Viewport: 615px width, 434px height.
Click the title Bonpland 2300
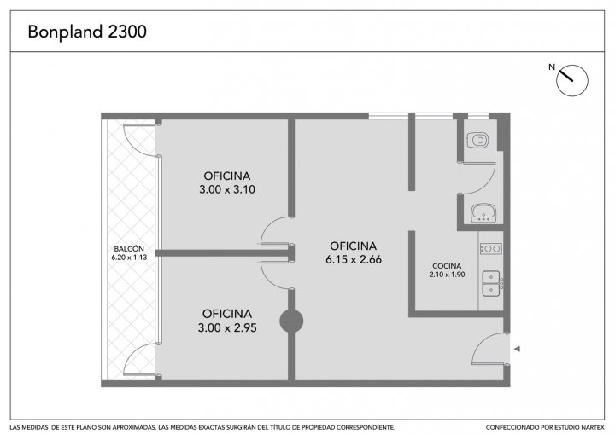pyautogui.click(x=87, y=32)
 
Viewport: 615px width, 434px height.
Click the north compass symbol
pyautogui.click(x=571, y=80)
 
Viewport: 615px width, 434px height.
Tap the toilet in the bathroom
pyautogui.click(x=477, y=140)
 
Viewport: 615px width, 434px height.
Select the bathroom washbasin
pyautogui.click(x=483, y=212)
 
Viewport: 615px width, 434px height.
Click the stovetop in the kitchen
pyautogui.click(x=491, y=248)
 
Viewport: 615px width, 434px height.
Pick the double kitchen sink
pyautogui.click(x=491, y=283)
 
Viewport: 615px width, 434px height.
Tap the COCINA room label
pyautogui.click(x=447, y=266)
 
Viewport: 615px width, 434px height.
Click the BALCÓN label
pyautogui.click(x=129, y=249)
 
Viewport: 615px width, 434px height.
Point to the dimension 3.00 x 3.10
pyautogui.click(x=227, y=189)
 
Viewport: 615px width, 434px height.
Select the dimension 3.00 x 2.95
pyautogui.click(x=227, y=327)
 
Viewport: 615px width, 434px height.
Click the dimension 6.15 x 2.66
pyautogui.click(x=354, y=259)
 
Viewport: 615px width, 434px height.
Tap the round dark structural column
pyautogui.click(x=291, y=321)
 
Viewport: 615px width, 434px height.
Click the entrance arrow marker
pyautogui.click(x=517, y=349)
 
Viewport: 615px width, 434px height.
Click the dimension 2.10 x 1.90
pyautogui.click(x=447, y=275)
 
